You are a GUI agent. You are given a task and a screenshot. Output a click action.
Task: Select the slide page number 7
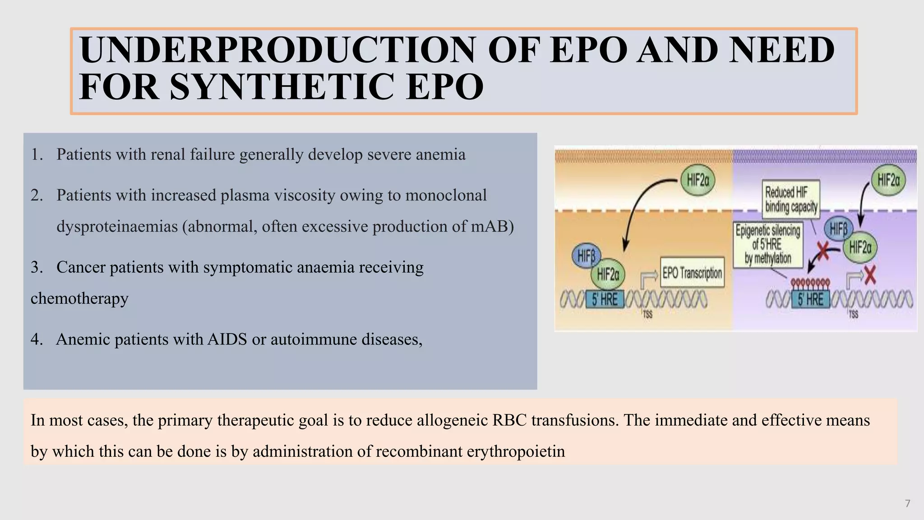(907, 503)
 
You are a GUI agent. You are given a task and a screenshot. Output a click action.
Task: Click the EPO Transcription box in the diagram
(692, 273)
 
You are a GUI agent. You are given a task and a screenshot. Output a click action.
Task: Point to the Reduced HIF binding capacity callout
(791, 200)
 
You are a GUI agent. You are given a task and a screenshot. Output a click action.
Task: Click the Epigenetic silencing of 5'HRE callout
(768, 244)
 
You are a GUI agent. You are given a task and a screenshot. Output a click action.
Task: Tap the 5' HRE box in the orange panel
(605, 299)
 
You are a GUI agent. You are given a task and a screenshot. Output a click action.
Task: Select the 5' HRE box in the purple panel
(810, 299)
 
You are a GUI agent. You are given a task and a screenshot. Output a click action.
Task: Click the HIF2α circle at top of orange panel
(698, 181)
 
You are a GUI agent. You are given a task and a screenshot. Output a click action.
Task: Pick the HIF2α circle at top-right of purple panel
(888, 181)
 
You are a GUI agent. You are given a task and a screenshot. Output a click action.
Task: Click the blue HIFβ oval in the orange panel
(586, 256)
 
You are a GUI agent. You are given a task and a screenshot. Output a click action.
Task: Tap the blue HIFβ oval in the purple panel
(838, 229)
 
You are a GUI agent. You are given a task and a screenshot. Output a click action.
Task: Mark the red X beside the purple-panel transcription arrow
(869, 275)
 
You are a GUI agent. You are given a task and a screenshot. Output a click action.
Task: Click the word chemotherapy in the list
(79, 298)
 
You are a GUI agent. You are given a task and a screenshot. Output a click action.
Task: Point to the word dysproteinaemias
(117, 226)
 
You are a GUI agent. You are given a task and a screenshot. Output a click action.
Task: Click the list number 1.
(36, 154)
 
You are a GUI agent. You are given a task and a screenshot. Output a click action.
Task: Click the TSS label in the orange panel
(647, 315)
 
